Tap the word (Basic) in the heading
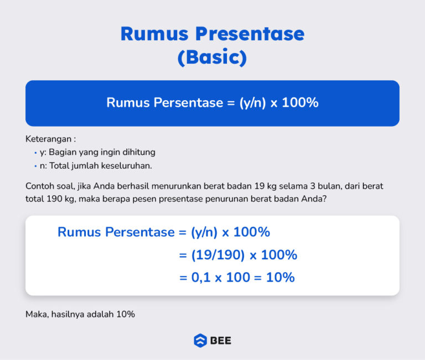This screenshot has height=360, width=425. pos(212,57)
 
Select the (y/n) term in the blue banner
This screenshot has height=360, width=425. pos(253,103)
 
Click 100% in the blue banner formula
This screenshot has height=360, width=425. pos(300,103)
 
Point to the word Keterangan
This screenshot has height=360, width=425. pos(48,139)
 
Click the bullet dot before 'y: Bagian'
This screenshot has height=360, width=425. pos(35,152)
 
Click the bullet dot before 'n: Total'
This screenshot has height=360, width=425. pos(35,166)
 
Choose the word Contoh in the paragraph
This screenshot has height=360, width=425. pos(39,186)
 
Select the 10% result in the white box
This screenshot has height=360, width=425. pos(280,277)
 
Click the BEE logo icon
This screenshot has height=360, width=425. pos(200,341)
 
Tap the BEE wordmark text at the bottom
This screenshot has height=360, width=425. pos(220,341)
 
